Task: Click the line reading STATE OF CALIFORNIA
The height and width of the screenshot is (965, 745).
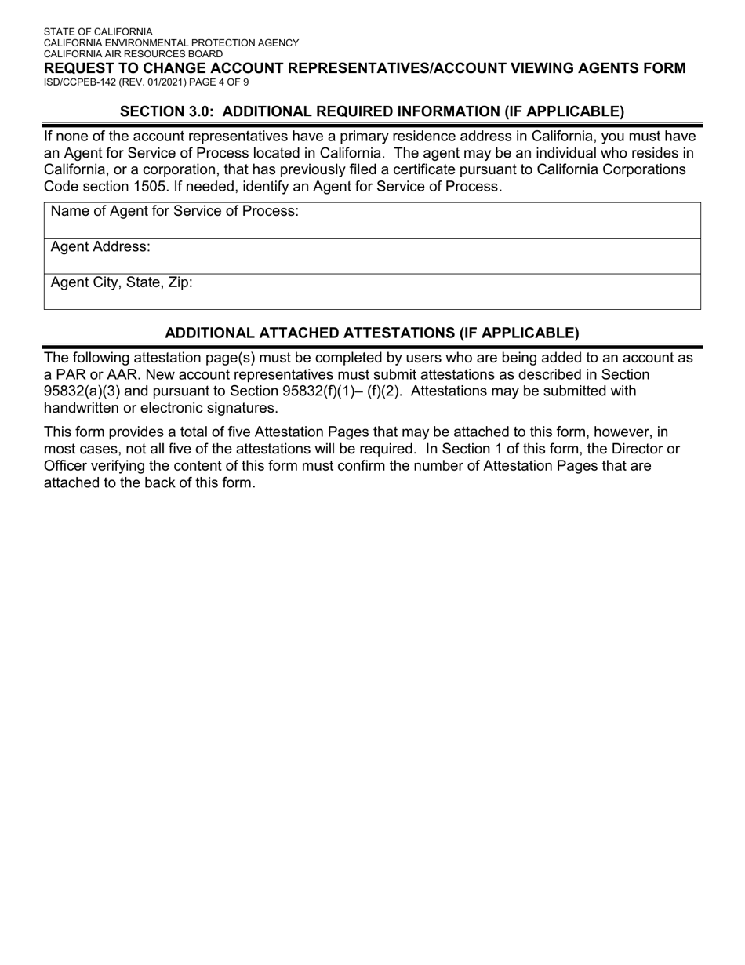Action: coord(98,32)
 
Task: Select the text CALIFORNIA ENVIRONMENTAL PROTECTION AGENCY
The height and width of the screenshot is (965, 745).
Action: coord(171,43)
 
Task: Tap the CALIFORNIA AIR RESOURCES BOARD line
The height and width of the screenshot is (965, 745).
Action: coord(133,54)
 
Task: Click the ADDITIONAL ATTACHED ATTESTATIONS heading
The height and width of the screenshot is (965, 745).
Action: coord(372,333)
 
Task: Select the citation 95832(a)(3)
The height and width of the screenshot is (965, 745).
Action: coord(82,391)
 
